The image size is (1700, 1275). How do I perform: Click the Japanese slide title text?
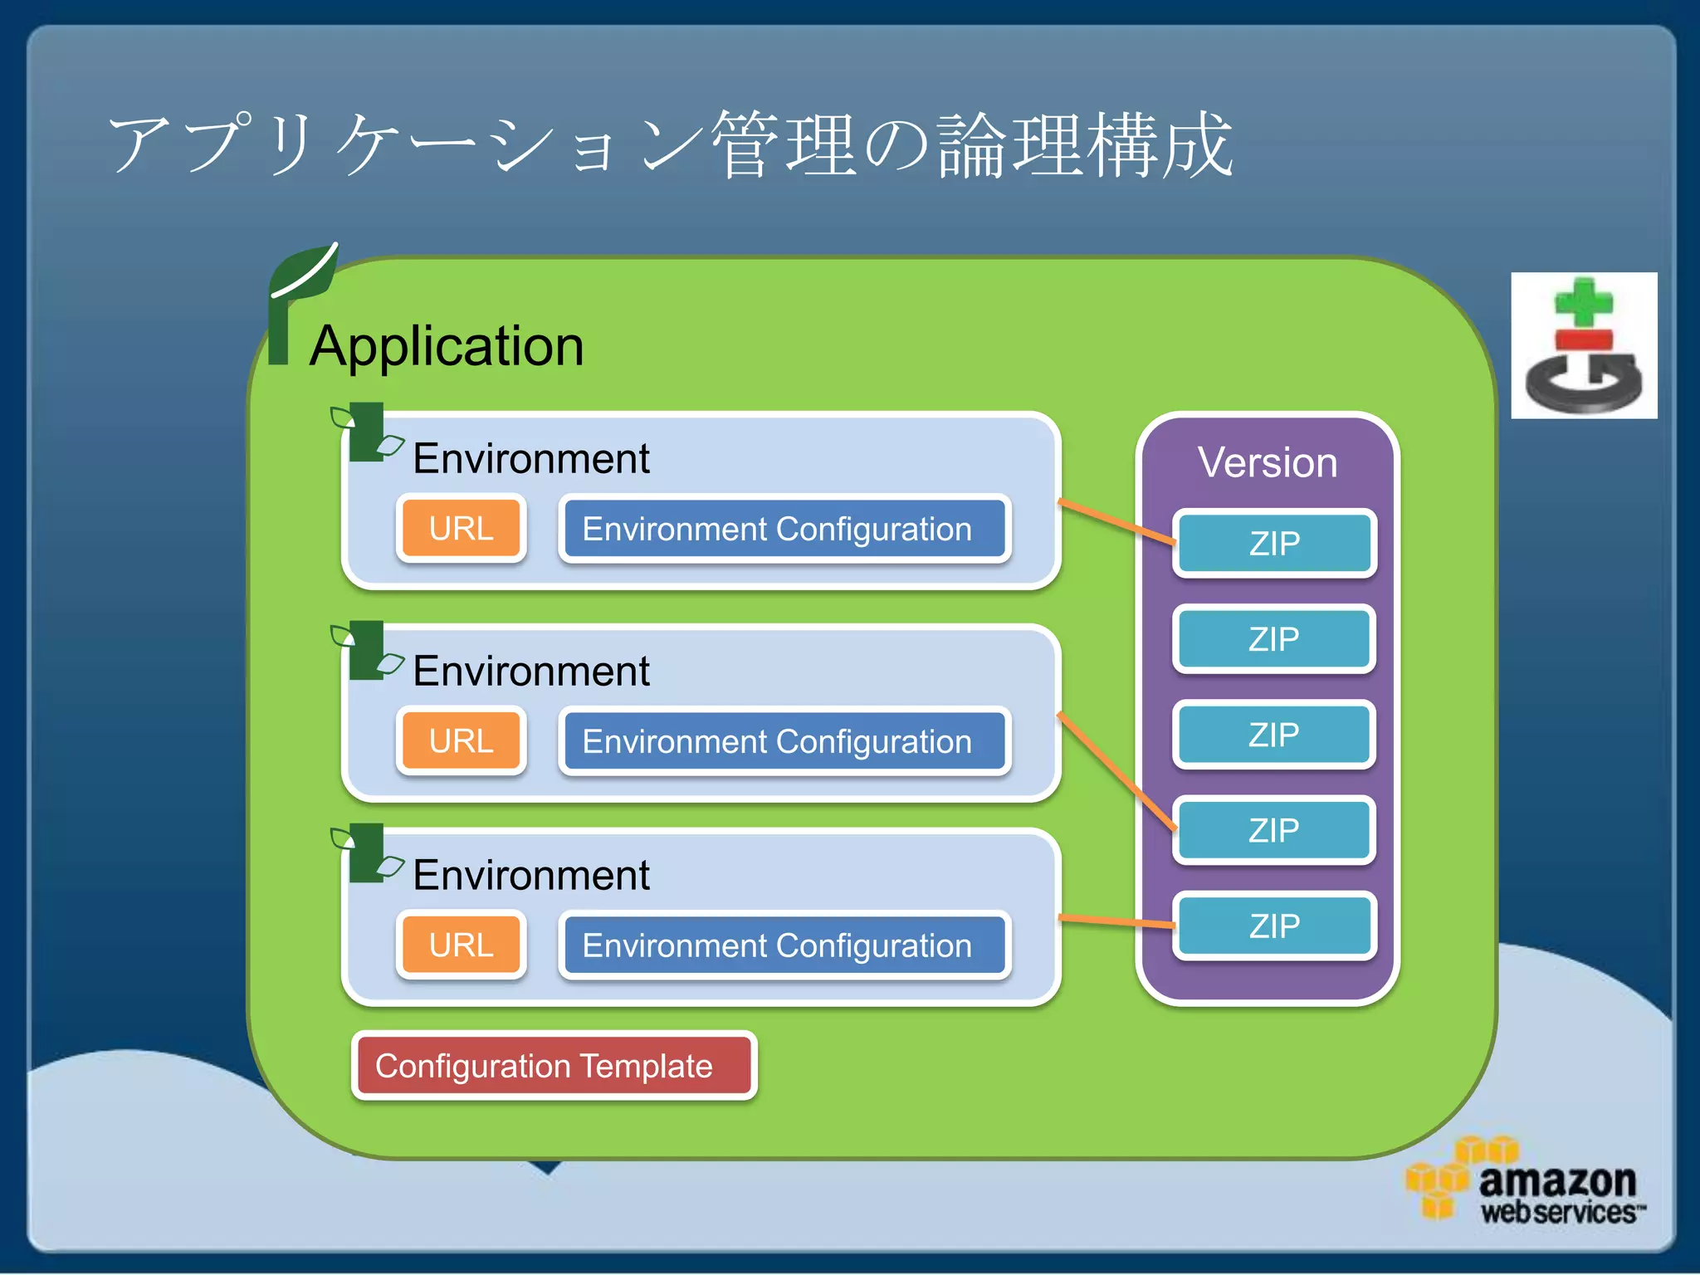671,145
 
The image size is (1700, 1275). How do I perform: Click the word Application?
447,345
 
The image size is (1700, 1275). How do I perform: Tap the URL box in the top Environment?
462,528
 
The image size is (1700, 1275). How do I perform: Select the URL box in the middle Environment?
462,740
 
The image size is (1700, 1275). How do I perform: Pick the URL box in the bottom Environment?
462,945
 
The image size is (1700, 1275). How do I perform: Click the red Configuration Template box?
553,1066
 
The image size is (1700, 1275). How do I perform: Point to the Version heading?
1267,462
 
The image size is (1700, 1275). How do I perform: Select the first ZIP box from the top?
1274,544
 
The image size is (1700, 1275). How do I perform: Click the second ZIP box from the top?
1274,639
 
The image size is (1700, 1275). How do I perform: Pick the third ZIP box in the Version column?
1274,735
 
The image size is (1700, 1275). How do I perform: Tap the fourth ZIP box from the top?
1274,830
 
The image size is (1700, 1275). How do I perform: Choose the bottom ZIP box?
1274,926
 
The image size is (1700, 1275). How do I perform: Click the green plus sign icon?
1584,303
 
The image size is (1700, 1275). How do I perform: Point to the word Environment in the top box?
531,458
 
